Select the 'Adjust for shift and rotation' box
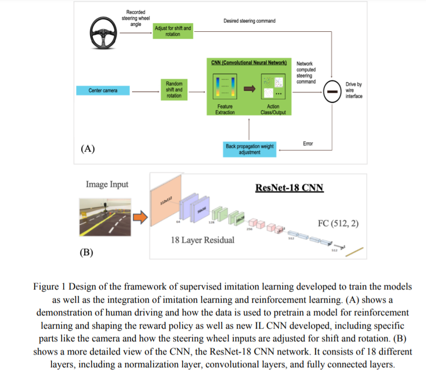173,31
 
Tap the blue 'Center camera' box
103,90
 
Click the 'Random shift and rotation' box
174,90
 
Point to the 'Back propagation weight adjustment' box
249,149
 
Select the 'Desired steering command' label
249,21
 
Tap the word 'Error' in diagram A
308,144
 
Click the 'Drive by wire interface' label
354,90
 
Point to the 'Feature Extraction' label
225,110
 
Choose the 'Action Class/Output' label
273,110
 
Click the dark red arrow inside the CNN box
250,88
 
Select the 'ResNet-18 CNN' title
289,188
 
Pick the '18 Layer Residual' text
202,240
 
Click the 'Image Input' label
107,184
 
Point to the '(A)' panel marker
88,149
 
